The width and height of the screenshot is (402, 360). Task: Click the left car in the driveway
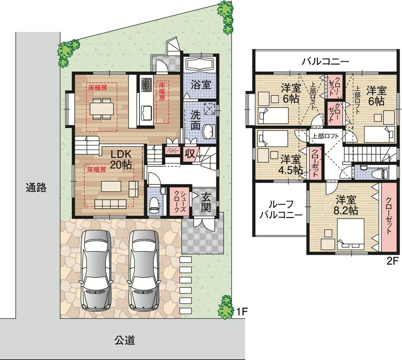(x=96, y=270)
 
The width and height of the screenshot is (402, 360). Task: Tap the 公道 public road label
(x=124, y=341)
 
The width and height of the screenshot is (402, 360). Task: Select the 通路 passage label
(x=36, y=187)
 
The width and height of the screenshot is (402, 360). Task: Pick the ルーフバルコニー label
(x=280, y=209)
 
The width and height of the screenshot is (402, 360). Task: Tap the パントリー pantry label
(x=172, y=150)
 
